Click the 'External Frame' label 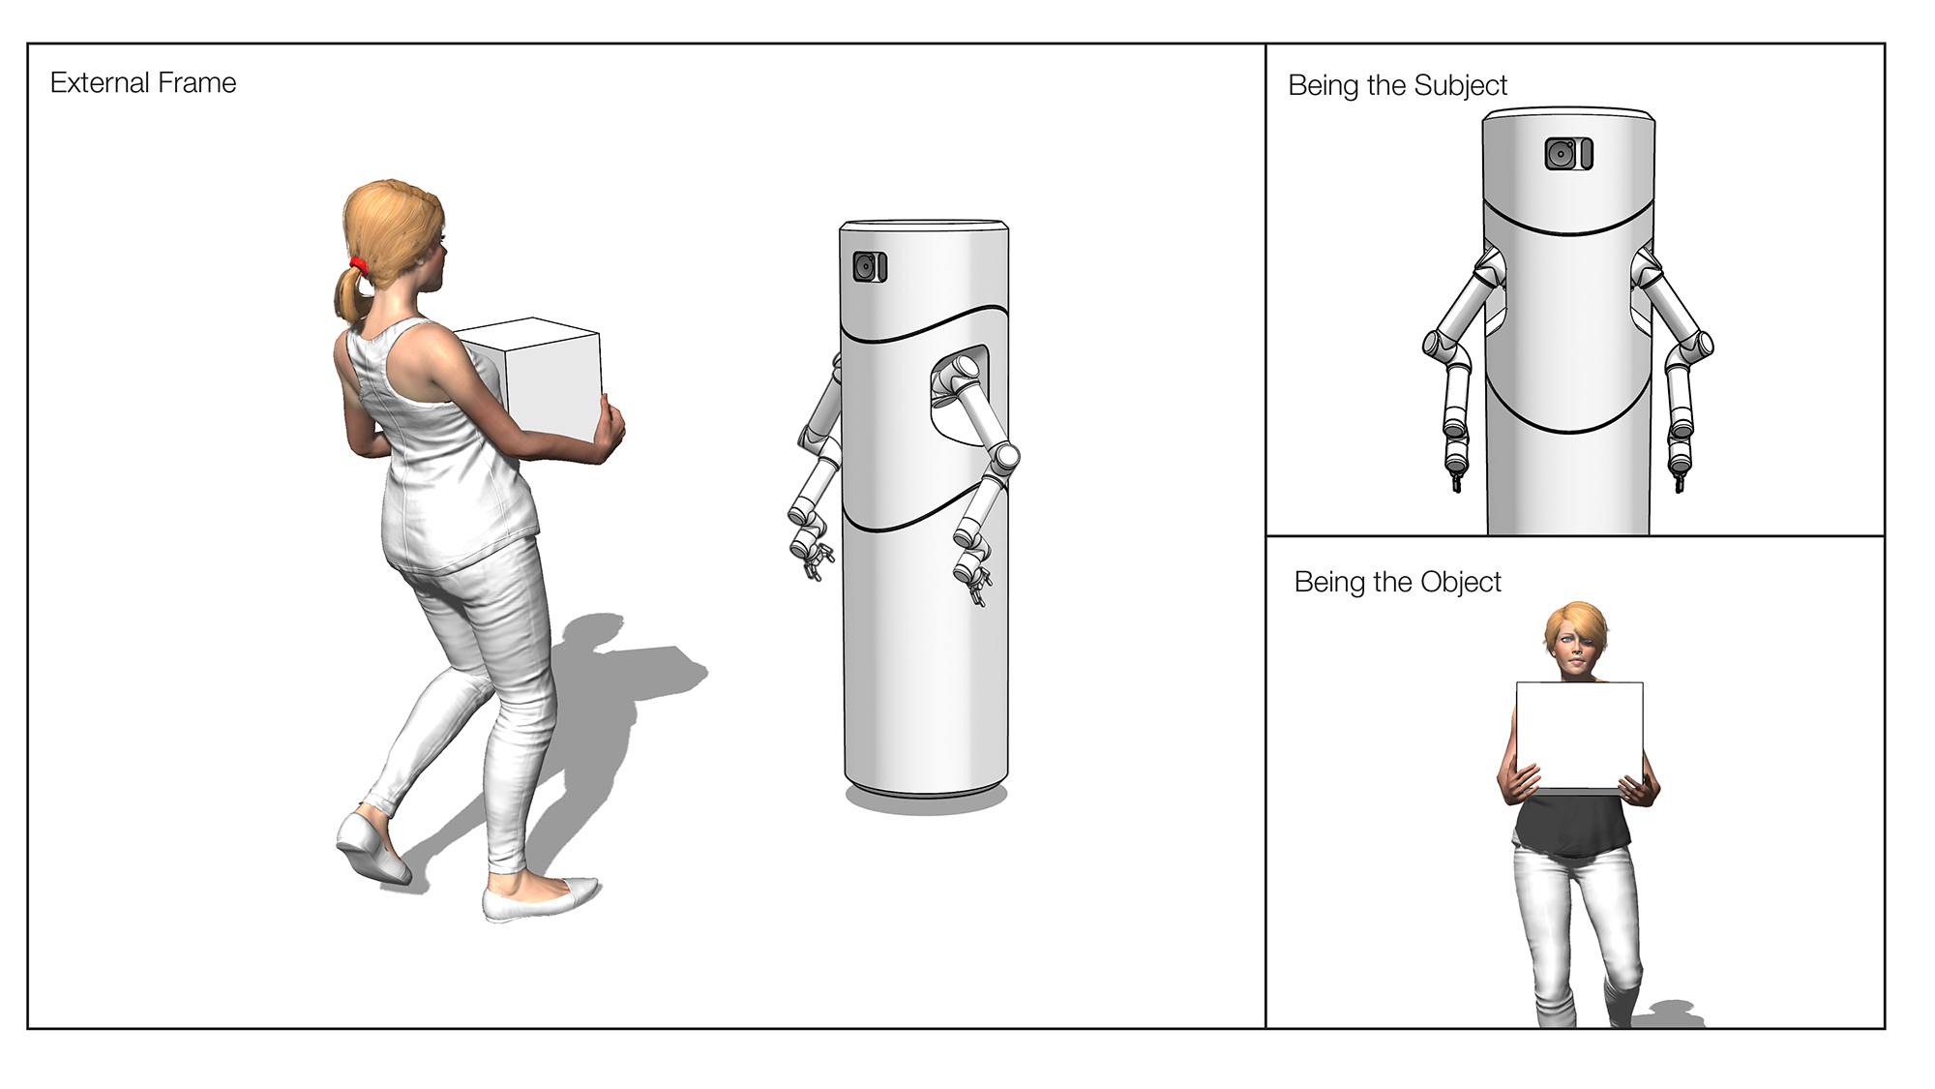(x=143, y=83)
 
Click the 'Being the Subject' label (x=1397, y=86)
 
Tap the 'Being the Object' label (x=1397, y=582)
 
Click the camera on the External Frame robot (x=869, y=266)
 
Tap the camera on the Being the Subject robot (x=1567, y=154)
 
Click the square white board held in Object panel (x=1579, y=736)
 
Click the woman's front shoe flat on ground (x=539, y=899)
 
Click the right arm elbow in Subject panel (x=1699, y=345)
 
